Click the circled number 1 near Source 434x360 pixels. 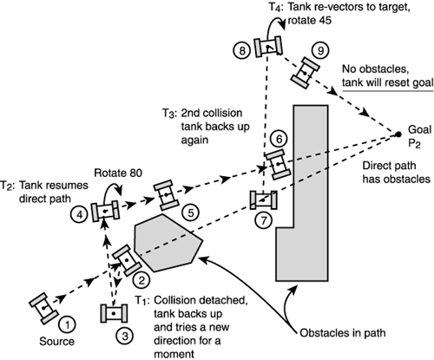[x=72, y=322]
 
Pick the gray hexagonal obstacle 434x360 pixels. [x=168, y=240]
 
